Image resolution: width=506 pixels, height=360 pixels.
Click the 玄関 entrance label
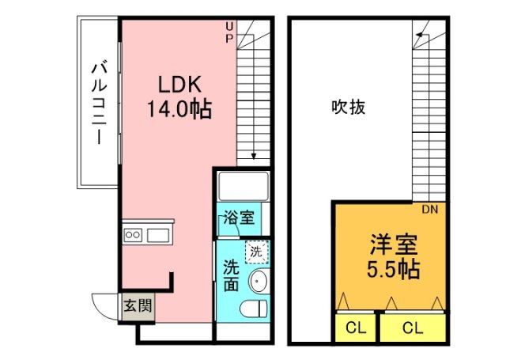tap(132, 305)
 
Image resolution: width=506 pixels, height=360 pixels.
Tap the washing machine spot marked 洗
tap(255, 252)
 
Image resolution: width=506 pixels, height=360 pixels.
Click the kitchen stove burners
tap(132, 234)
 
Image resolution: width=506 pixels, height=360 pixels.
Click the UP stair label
tap(229, 32)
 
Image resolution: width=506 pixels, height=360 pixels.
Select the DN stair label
tap(430, 210)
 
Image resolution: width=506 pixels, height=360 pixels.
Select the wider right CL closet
tap(411, 327)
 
